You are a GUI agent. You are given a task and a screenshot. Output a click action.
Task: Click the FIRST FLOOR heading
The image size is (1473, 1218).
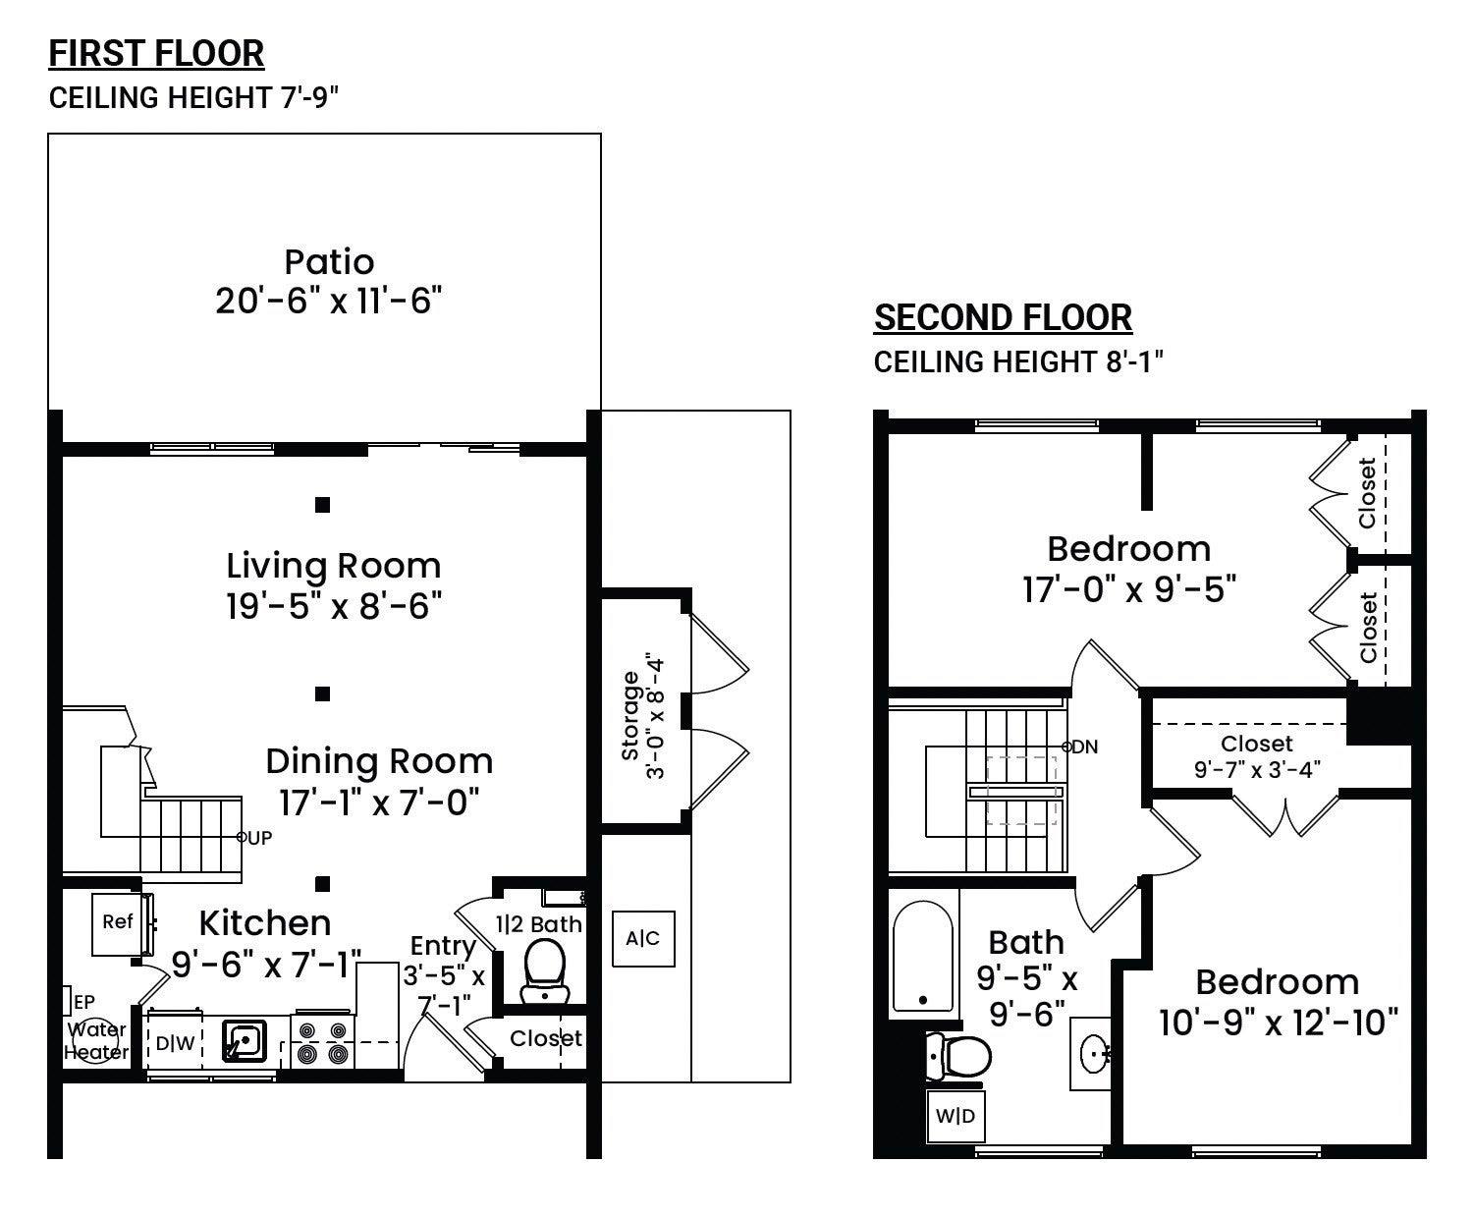(x=156, y=54)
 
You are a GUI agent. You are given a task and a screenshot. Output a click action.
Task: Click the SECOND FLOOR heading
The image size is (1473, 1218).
(x=1003, y=317)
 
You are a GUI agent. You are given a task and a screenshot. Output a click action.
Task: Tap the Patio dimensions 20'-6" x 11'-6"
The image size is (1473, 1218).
(x=328, y=301)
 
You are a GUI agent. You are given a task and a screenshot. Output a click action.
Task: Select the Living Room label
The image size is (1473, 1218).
(x=334, y=566)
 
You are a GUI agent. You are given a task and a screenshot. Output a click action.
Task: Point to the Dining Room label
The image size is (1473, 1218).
(x=379, y=761)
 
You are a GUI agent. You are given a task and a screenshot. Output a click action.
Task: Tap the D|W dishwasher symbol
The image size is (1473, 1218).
(x=175, y=1042)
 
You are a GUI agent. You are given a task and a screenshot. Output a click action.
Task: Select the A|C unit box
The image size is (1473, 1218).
(x=643, y=939)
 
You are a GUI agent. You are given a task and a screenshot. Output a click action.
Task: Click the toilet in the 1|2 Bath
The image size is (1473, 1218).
(x=545, y=971)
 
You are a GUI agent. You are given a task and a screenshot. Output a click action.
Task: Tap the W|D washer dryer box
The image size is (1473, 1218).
(x=955, y=1116)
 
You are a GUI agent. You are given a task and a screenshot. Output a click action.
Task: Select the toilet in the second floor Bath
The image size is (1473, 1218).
(x=958, y=1057)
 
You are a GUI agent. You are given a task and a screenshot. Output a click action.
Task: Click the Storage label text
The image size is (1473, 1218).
(x=630, y=715)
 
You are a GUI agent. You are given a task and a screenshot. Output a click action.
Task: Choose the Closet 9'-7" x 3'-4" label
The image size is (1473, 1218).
(x=1257, y=755)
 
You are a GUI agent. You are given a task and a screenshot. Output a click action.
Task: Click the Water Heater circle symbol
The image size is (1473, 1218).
(x=96, y=1040)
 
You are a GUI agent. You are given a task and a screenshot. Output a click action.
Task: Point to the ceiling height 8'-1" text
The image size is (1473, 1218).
(x=1018, y=362)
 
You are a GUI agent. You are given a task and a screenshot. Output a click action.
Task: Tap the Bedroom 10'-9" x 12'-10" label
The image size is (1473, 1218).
(x=1279, y=1002)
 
